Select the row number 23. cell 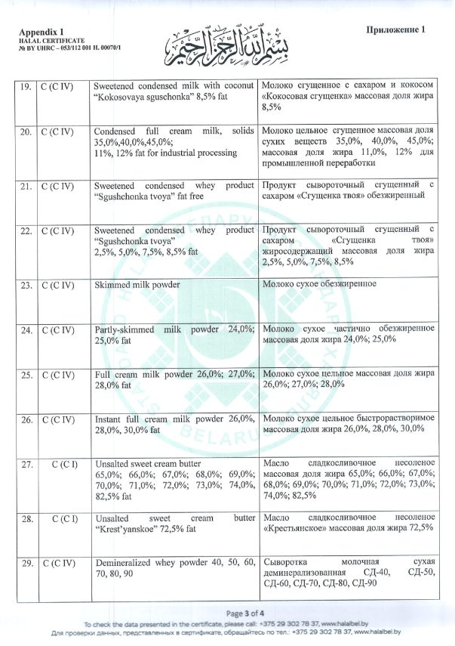[25, 286]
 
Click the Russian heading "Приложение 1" [395, 29]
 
